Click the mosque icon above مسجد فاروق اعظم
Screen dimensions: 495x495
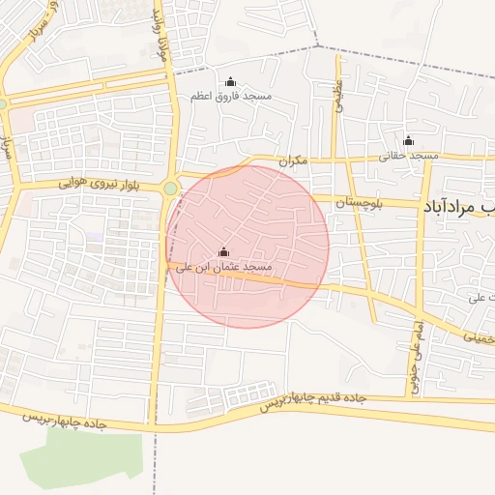pos(230,81)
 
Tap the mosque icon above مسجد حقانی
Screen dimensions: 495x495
pos(408,140)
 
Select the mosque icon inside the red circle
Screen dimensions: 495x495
pos(224,251)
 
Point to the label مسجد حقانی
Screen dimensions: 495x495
pos(408,155)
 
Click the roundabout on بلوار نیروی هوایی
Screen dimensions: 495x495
pos(171,189)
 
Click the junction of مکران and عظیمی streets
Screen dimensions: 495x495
pos(336,157)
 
